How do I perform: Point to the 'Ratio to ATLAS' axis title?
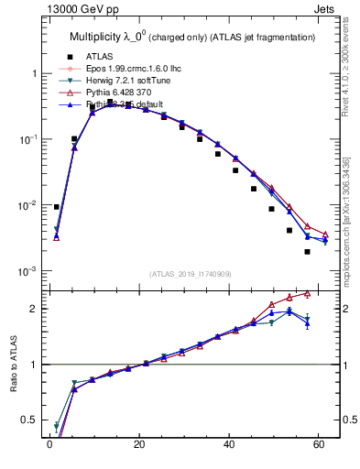[x=12, y=364]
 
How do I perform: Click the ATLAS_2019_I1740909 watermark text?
[x=191, y=273]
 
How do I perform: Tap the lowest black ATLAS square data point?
[x=307, y=251]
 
